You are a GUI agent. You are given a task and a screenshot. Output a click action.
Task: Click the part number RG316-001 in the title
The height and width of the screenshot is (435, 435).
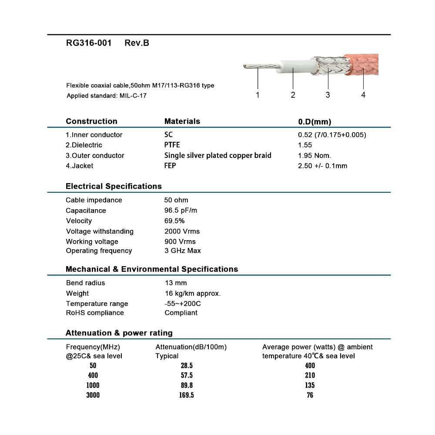[89, 43]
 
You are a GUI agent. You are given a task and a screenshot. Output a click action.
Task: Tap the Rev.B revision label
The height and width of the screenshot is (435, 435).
[137, 43]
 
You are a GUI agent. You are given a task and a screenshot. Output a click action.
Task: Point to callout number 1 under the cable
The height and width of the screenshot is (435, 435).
[258, 95]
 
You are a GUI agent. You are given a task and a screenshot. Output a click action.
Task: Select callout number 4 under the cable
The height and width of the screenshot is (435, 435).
[363, 95]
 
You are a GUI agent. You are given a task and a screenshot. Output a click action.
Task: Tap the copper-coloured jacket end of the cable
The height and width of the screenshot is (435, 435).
[363, 64]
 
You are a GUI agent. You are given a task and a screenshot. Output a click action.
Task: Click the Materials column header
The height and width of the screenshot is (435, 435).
[182, 121]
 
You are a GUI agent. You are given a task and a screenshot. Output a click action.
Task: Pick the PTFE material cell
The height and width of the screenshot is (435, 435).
[172, 145]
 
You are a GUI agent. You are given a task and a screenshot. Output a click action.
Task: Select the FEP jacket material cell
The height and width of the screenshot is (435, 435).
[170, 166]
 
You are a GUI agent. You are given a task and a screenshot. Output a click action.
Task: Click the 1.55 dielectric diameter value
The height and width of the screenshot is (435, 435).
[305, 145]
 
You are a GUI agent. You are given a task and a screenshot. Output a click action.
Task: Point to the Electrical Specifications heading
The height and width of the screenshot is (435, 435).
[114, 186]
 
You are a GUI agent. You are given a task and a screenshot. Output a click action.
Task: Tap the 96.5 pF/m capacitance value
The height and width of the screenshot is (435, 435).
[179, 211]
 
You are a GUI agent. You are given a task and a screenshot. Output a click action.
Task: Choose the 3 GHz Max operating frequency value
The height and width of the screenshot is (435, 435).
[183, 251]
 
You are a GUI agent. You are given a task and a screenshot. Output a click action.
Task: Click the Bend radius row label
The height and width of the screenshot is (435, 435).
[86, 283]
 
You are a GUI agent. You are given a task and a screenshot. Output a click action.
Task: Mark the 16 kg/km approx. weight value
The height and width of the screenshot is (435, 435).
[193, 294]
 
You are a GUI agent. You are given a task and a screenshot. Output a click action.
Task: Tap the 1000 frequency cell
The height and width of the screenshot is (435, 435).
[93, 385]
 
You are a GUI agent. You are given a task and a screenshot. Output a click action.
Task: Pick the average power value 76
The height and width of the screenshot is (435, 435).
[310, 395]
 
